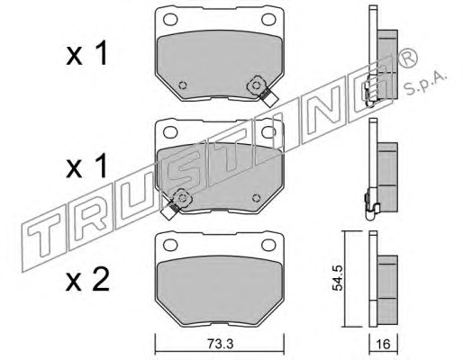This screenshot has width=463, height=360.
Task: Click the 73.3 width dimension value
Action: pyautogui.click(x=220, y=344)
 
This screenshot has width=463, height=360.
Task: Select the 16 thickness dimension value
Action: pyautogui.click(x=383, y=344)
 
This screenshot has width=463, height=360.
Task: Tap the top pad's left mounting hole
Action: pyautogui.click(x=170, y=20)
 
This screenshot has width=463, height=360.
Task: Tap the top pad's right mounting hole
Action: pyautogui.click(x=268, y=20)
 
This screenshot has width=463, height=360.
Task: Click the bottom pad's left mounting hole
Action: pyautogui.click(x=170, y=245)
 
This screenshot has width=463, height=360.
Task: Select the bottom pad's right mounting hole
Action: pyautogui.click(x=268, y=245)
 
